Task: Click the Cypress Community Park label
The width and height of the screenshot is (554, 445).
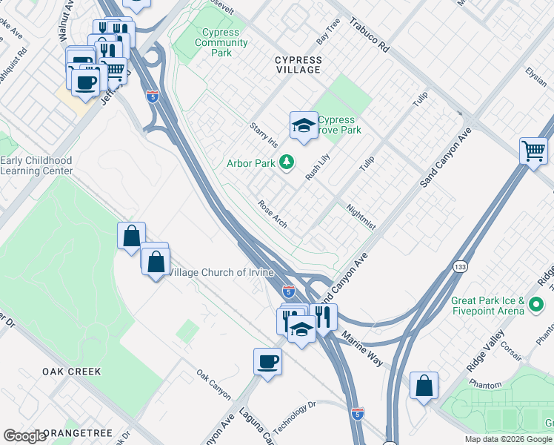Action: pyautogui.click(x=221, y=42)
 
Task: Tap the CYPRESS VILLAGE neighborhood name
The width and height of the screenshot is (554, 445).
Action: pyautogui.click(x=298, y=65)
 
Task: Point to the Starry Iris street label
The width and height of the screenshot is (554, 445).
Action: pyautogui.click(x=264, y=135)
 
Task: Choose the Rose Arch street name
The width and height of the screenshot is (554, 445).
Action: pyautogui.click(x=273, y=214)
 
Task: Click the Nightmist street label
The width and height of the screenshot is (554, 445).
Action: pyautogui.click(x=361, y=217)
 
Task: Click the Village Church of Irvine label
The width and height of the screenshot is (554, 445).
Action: pyautogui.click(x=220, y=272)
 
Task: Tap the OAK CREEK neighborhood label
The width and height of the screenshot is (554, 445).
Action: pyautogui.click(x=71, y=371)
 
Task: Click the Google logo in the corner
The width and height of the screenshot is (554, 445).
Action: pyautogui.click(x=24, y=436)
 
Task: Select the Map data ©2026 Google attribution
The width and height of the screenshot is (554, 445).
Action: pyautogui.click(x=507, y=439)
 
